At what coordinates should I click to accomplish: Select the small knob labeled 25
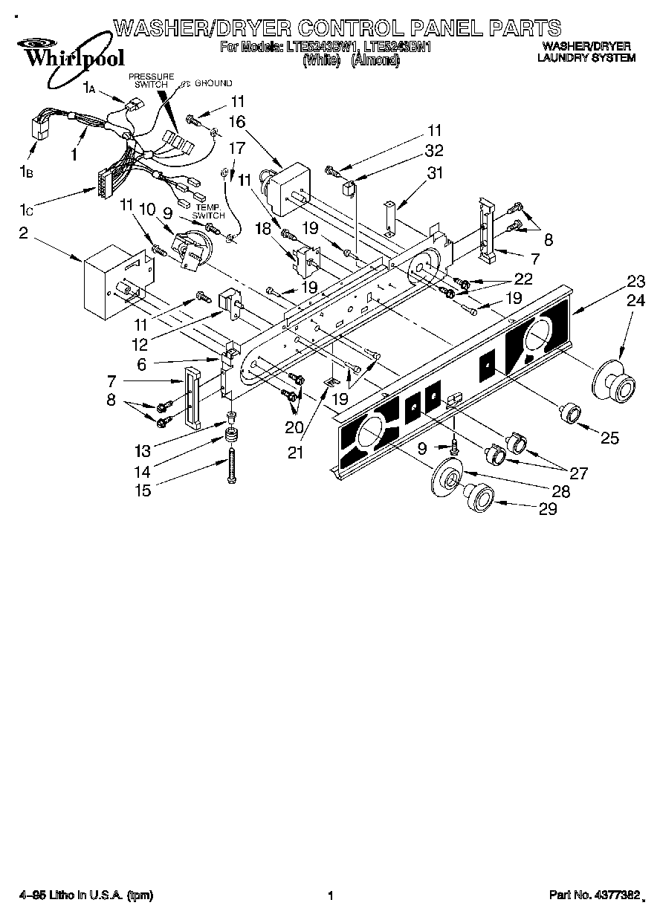click(x=571, y=412)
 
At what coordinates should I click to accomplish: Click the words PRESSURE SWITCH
click(x=151, y=81)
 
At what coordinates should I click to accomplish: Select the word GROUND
click(x=215, y=83)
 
